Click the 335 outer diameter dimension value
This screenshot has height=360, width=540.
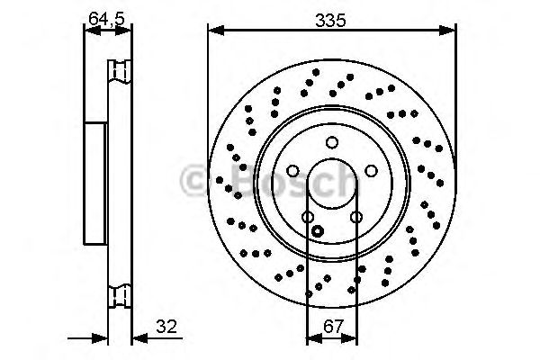pos(330,18)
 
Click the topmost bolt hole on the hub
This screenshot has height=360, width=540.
pos(331,141)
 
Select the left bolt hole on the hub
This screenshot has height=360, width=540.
pos(292,171)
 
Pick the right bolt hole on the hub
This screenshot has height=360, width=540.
pos(371,171)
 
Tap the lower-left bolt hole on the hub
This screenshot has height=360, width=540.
pos(307,217)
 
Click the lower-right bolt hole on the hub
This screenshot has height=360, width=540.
pos(355,217)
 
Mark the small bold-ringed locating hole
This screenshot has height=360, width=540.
pos(317,231)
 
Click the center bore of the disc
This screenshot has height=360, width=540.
pos(331,184)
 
